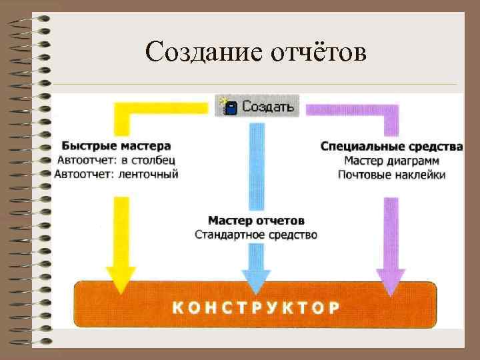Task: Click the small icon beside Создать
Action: click(229, 106)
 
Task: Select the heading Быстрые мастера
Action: click(116, 145)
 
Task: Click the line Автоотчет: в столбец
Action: click(116, 160)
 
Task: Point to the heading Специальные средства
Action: click(391, 146)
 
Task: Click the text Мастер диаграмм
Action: click(391, 161)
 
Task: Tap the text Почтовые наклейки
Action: click(391, 175)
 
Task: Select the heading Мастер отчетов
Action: click(256, 220)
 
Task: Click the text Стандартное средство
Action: click(256, 235)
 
